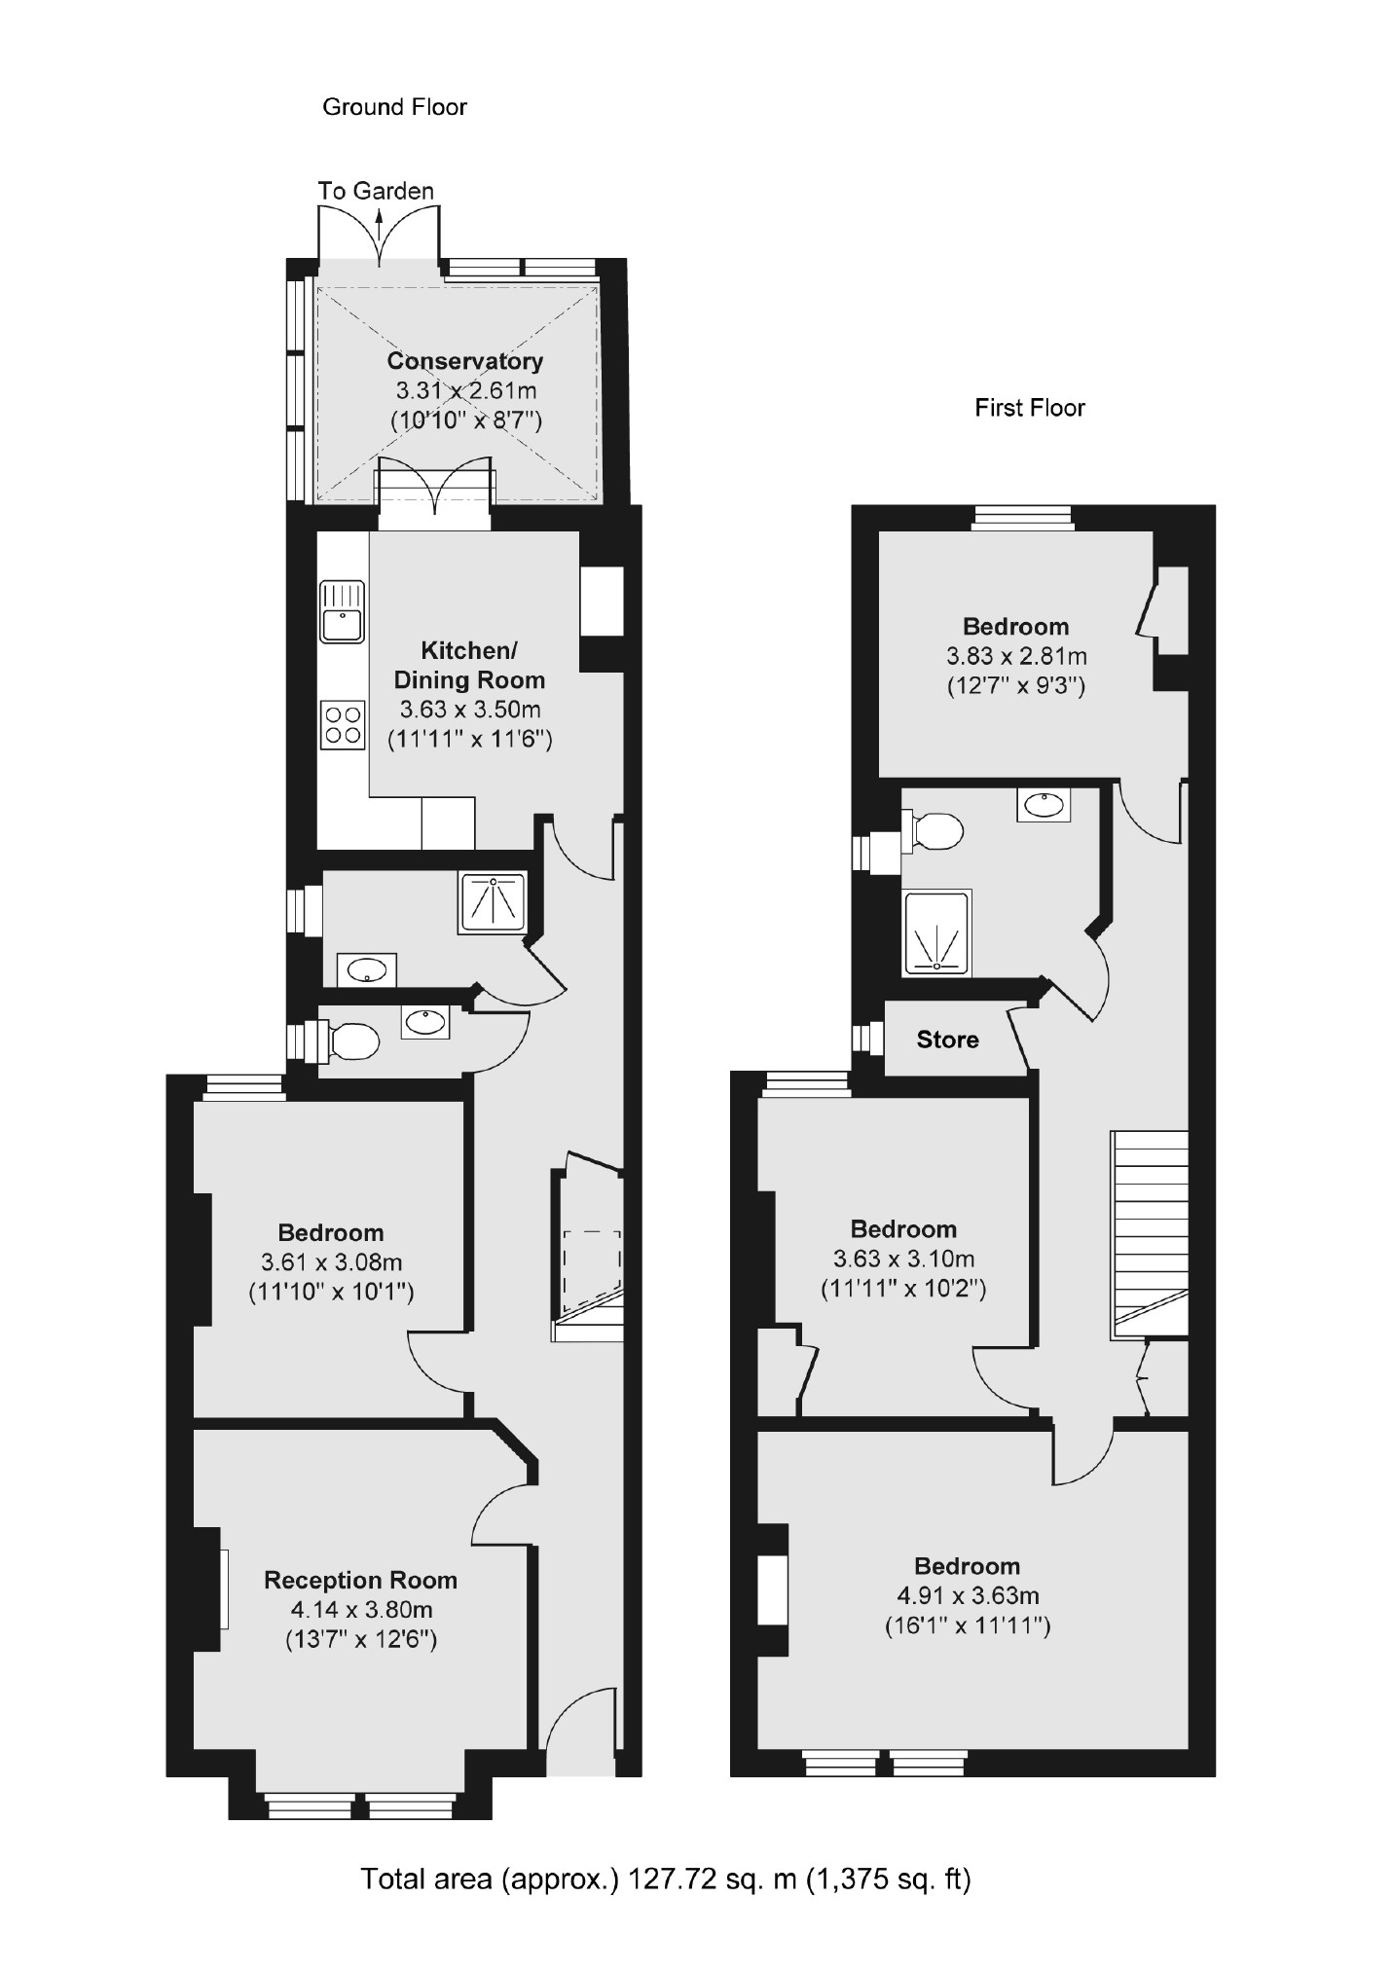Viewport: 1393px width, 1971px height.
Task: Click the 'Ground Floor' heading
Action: click(394, 107)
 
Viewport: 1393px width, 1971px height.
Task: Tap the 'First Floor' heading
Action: click(1029, 407)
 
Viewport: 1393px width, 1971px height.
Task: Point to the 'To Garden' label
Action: click(376, 191)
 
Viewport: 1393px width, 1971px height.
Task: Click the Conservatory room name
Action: click(464, 361)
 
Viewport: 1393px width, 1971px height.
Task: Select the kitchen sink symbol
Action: click(341, 612)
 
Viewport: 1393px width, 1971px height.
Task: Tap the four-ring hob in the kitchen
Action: click(342, 724)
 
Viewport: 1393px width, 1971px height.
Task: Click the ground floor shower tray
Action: click(494, 902)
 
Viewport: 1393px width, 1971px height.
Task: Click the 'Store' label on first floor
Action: click(947, 1040)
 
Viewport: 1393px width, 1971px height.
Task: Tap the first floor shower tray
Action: click(937, 932)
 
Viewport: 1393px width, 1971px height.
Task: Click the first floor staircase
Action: click(1150, 1231)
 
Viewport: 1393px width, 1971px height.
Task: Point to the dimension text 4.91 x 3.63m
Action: click(967, 1595)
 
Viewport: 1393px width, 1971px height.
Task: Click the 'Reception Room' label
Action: click(360, 1580)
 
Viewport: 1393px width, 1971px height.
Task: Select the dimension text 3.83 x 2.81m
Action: click(1015, 656)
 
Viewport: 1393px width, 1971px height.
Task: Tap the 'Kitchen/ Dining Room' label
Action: click(469, 665)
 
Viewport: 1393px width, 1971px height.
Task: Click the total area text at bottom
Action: click(666, 1879)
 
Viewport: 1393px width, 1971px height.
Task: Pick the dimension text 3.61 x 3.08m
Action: click(330, 1262)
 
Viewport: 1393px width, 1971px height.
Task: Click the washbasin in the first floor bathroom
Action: click(1044, 804)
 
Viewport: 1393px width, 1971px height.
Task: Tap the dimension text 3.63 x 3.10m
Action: click(902, 1259)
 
